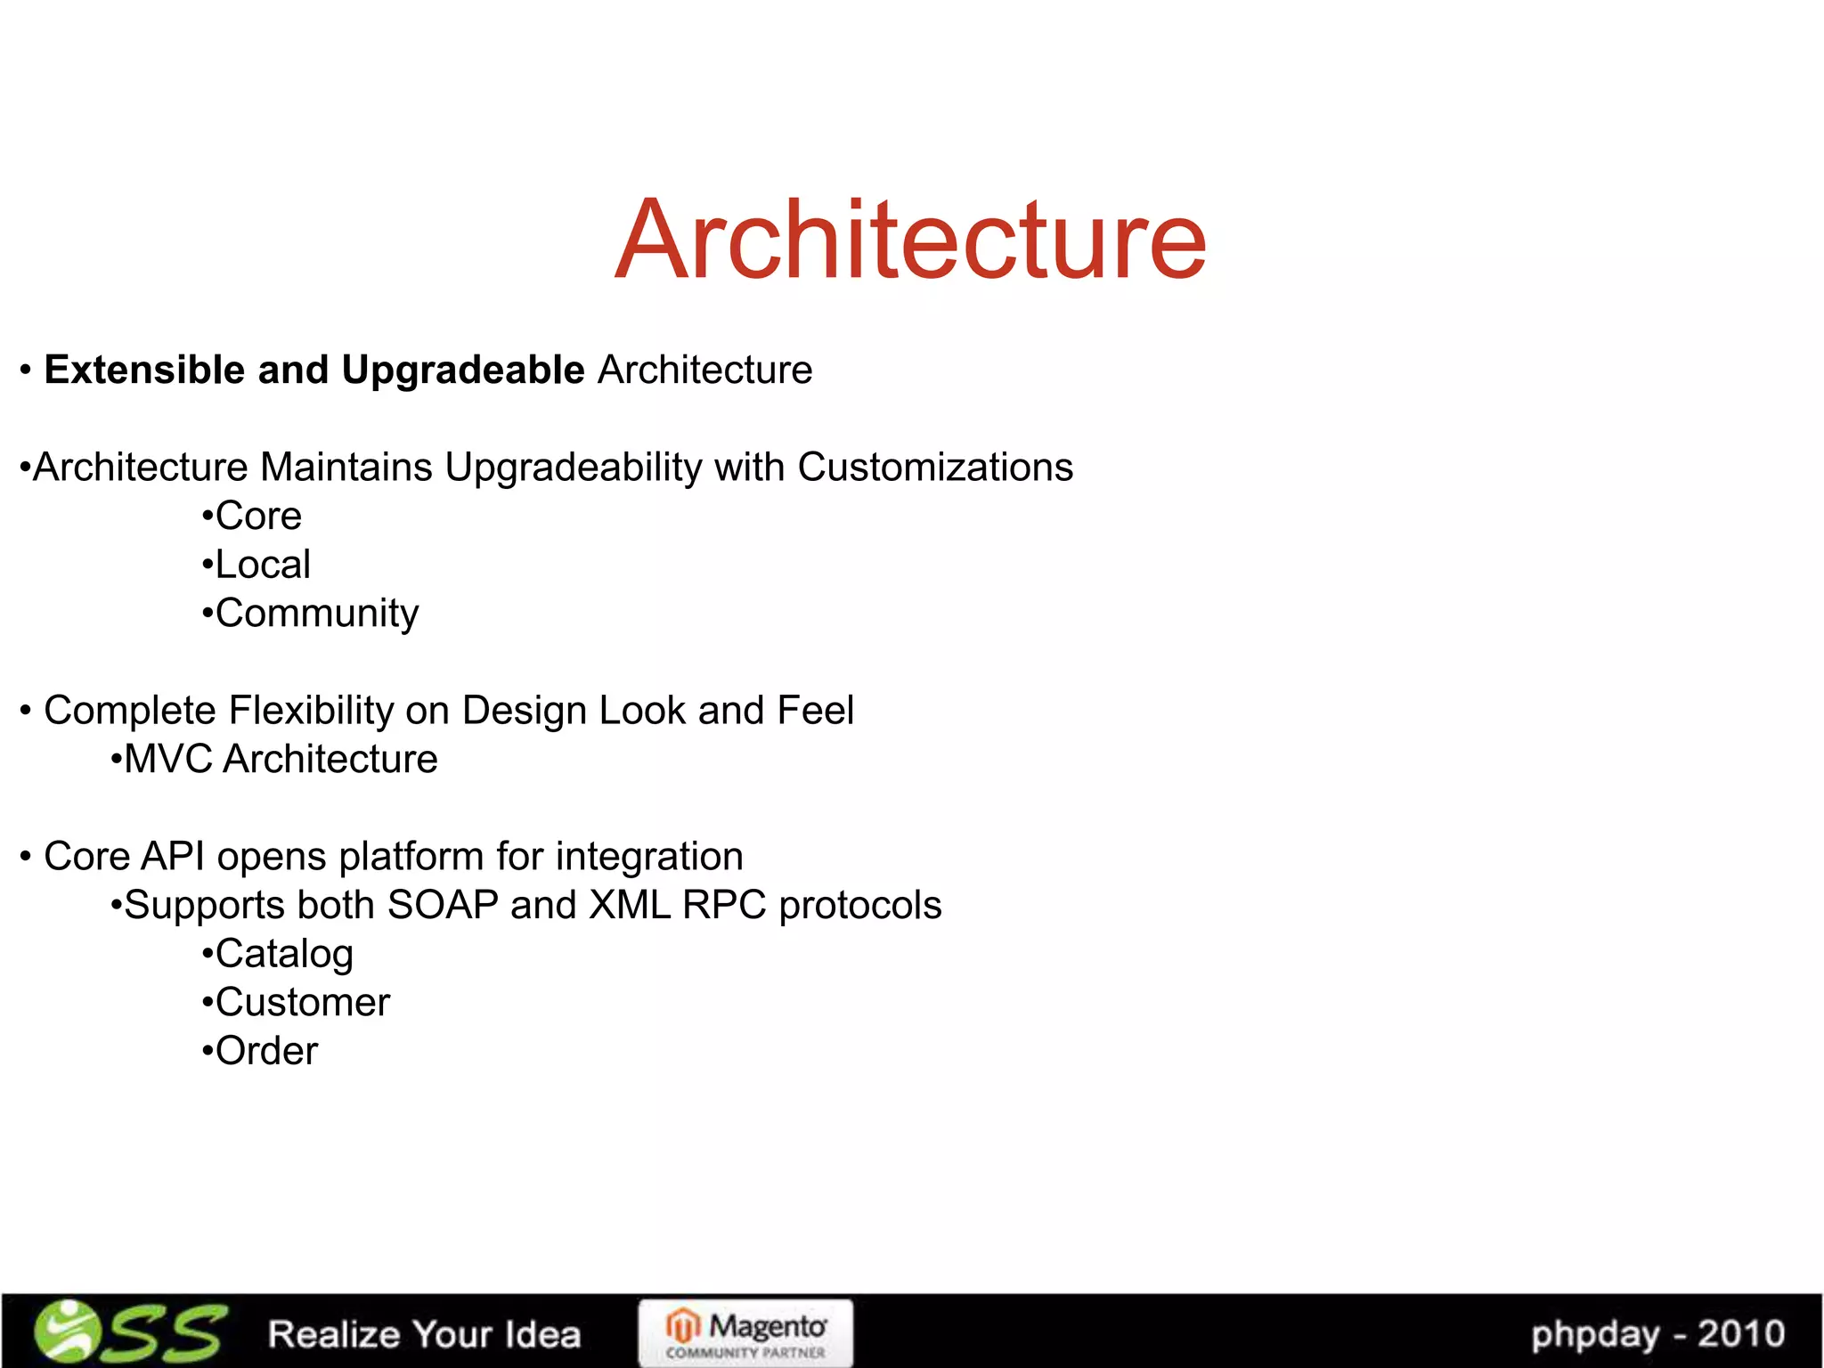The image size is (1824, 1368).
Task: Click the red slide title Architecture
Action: pos(910,240)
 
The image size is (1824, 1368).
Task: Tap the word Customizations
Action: pos(935,468)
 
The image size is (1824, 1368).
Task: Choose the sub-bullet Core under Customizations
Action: pos(258,517)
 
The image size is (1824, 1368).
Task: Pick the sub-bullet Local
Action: pos(263,565)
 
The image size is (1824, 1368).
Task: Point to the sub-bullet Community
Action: pos(316,614)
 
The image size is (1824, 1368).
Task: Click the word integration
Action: pos(649,857)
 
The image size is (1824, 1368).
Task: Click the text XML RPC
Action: pos(677,906)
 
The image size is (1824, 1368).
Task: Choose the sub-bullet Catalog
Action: pos(284,955)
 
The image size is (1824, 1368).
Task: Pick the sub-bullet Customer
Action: pos(302,1003)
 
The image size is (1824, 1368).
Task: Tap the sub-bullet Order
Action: pos(266,1052)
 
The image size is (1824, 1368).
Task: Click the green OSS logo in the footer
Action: pos(130,1332)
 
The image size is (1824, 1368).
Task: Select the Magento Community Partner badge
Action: pos(745,1333)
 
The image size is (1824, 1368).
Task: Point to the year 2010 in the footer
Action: pos(1740,1334)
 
